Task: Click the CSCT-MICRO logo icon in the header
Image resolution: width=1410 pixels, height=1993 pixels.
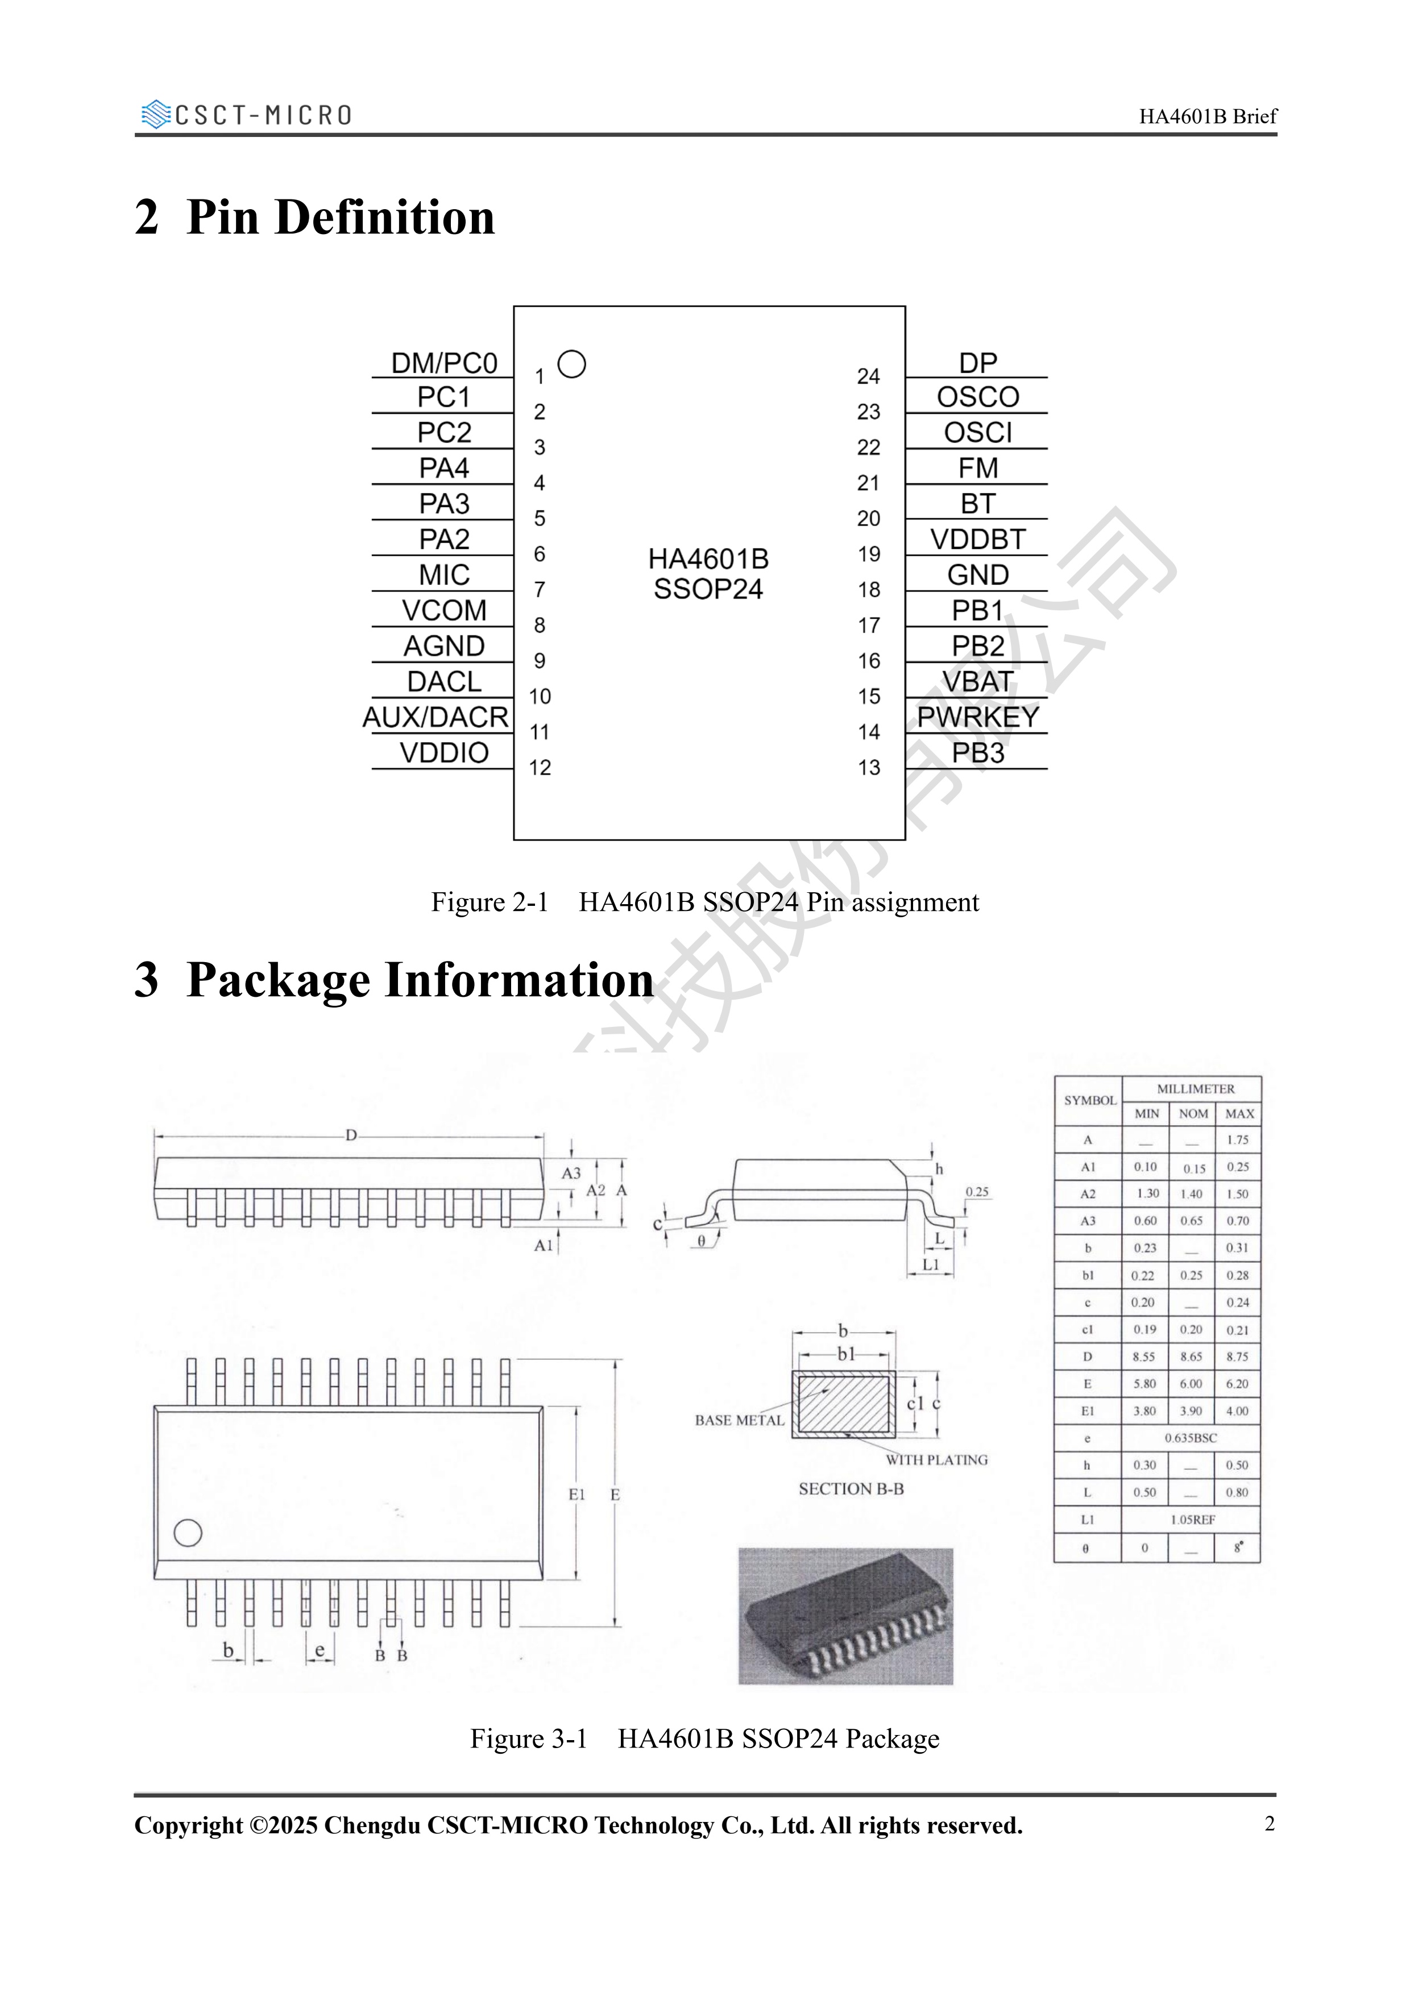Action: pyautogui.click(x=155, y=115)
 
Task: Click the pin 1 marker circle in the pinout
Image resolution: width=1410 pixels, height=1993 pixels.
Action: pyautogui.click(x=571, y=365)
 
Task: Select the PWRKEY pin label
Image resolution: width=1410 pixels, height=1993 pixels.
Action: pyautogui.click(x=978, y=718)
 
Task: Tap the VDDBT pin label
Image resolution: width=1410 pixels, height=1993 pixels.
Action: pyautogui.click(x=978, y=540)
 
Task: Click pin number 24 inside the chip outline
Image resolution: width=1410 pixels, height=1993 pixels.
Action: pyautogui.click(x=868, y=377)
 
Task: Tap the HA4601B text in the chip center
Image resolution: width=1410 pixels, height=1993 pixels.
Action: pyautogui.click(x=708, y=559)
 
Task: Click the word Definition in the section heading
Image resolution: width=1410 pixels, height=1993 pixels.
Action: pyautogui.click(x=385, y=217)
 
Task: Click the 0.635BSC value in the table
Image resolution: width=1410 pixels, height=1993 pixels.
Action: pyautogui.click(x=1191, y=1437)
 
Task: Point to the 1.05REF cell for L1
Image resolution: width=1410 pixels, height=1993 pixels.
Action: pyautogui.click(x=1192, y=1519)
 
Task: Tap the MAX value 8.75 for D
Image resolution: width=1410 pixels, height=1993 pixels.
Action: pyautogui.click(x=1237, y=1357)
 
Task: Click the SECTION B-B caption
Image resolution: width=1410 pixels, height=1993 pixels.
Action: pyautogui.click(x=851, y=1489)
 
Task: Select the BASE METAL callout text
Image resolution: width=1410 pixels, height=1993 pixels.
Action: pyautogui.click(x=739, y=1420)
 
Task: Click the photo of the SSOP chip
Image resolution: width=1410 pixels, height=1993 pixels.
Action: pyautogui.click(x=845, y=1616)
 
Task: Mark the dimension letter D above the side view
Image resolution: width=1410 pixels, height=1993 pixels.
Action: pyautogui.click(x=351, y=1135)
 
